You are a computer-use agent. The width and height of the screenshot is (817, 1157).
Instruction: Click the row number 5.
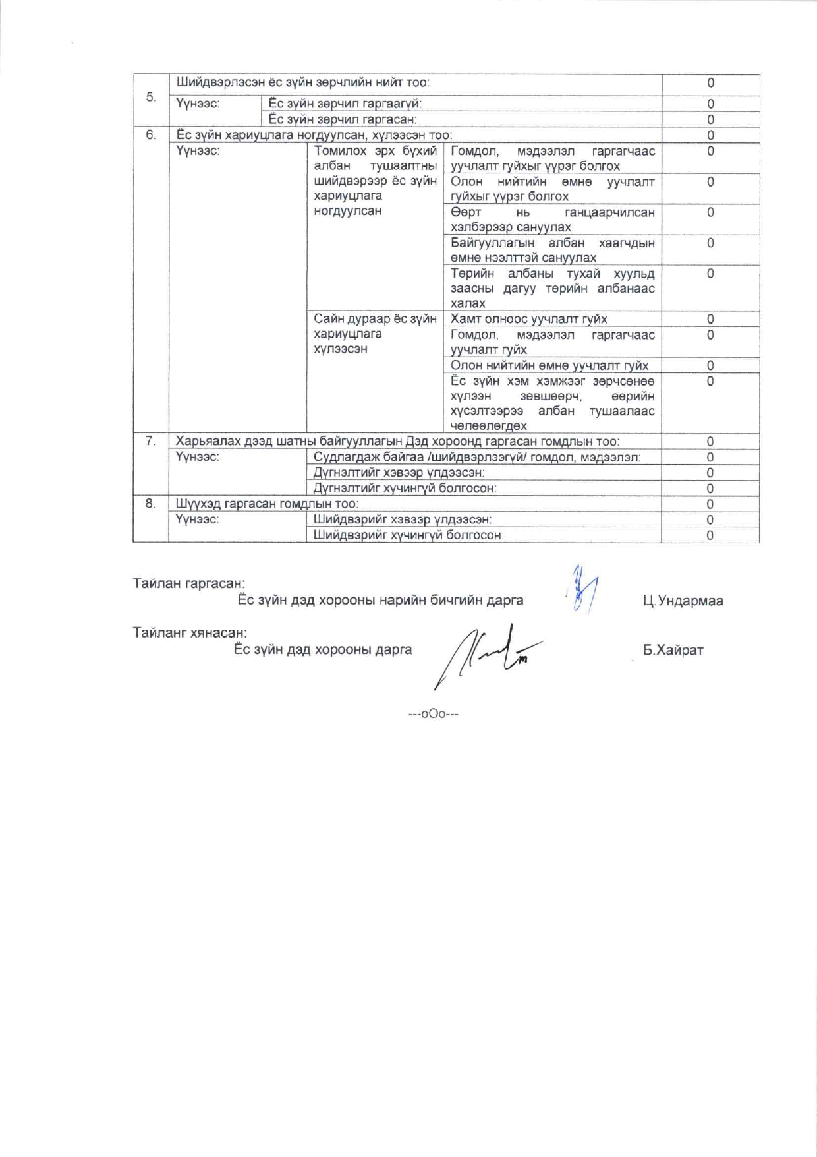point(151,97)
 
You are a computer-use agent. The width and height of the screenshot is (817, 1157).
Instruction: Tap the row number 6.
point(151,135)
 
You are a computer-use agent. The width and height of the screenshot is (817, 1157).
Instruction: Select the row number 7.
point(151,441)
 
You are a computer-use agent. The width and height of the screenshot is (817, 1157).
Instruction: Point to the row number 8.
point(151,504)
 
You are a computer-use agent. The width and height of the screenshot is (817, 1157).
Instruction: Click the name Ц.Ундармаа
point(683,601)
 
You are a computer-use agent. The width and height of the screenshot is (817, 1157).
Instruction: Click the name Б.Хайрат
point(673,650)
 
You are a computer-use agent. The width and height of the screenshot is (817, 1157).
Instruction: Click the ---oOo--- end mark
point(434,714)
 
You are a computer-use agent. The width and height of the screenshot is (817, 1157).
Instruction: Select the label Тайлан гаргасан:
point(189,583)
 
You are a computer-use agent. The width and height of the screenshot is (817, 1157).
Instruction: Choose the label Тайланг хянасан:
point(190,633)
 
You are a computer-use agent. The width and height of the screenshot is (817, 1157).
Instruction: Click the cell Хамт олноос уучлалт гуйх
point(529,319)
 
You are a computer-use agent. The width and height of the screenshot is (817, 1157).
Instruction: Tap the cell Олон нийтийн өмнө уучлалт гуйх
point(549,365)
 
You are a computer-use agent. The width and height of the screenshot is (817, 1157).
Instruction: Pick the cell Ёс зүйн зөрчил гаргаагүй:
point(345,104)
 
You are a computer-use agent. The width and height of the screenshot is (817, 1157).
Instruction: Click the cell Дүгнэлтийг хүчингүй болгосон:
point(405,489)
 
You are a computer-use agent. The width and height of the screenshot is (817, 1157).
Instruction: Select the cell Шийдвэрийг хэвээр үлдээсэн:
point(403,519)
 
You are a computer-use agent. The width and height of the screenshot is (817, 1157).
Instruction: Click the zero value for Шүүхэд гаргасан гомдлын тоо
point(710,504)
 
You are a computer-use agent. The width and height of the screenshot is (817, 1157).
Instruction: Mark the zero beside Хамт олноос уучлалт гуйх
point(710,319)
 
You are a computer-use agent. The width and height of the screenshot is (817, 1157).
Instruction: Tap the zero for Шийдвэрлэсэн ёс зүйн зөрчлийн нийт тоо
point(710,83)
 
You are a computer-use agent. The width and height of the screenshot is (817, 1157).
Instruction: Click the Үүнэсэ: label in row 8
point(197,519)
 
